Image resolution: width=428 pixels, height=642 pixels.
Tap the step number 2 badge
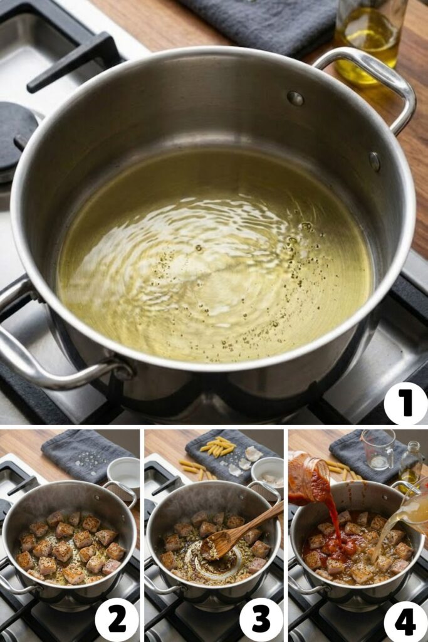(117, 621)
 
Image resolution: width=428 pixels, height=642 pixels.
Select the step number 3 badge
(261, 621)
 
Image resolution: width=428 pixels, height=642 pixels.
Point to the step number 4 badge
(405, 621)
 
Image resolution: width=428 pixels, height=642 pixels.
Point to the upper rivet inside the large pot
(295, 98)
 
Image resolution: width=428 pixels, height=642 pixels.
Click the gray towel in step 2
(85, 455)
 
